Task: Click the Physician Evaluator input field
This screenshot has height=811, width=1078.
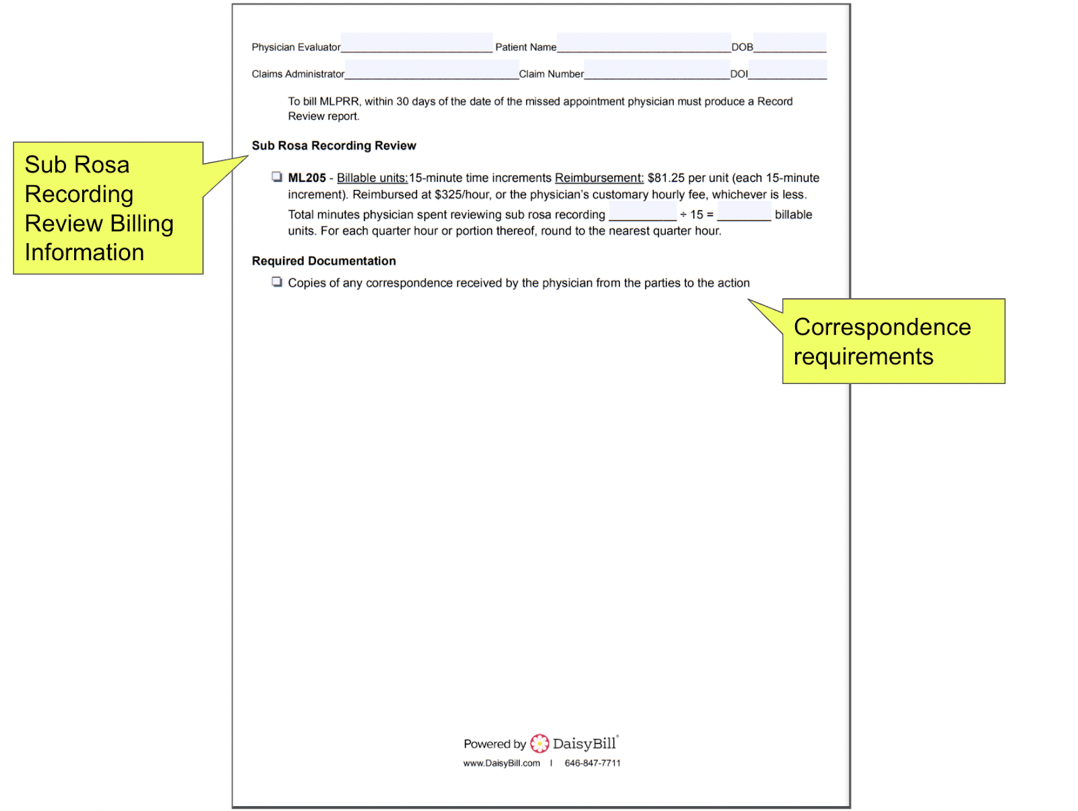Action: (x=416, y=43)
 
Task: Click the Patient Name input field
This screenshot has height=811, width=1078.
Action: (x=643, y=43)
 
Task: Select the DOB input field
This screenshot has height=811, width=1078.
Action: (x=790, y=43)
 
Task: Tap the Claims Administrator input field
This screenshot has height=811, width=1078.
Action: (x=431, y=70)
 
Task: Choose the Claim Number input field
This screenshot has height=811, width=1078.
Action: (x=656, y=70)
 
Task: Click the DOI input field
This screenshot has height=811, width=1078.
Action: (x=787, y=70)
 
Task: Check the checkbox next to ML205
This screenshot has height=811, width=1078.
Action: (x=277, y=177)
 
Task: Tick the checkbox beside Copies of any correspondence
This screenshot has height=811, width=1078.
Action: (x=277, y=282)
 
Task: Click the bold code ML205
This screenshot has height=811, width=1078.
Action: (x=307, y=178)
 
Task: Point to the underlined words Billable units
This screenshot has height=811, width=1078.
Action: (x=372, y=178)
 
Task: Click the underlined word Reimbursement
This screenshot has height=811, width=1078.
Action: (x=599, y=178)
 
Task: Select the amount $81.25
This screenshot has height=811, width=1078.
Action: (x=666, y=178)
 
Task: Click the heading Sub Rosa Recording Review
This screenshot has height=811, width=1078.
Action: (x=334, y=145)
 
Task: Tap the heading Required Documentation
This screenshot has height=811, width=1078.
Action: (x=323, y=261)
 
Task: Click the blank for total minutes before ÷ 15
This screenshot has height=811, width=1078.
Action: (x=642, y=213)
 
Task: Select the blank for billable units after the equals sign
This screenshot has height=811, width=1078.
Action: (x=744, y=213)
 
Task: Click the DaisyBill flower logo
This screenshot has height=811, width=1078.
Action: (x=540, y=743)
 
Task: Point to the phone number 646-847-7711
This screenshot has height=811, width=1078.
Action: (x=592, y=763)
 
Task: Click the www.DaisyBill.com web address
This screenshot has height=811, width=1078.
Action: (x=501, y=763)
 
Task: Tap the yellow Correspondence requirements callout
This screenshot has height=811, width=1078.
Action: (x=893, y=342)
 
